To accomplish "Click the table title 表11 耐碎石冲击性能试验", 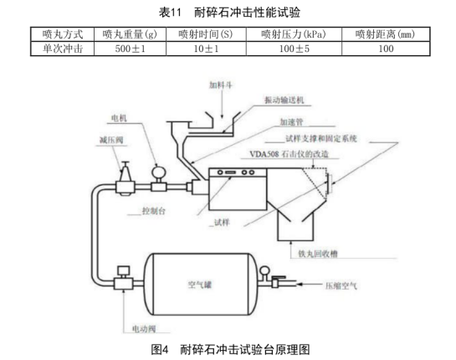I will [x=228, y=13].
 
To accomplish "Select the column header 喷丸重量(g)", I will [x=129, y=34].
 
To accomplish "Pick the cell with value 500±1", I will [x=129, y=49].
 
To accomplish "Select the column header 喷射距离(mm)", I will [x=385, y=34].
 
